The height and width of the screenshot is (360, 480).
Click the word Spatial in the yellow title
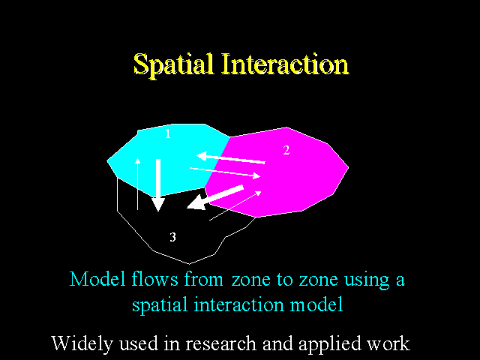173,64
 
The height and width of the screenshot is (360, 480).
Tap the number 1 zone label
168,133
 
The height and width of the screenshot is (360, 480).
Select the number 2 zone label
286,150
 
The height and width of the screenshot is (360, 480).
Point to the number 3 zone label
173,237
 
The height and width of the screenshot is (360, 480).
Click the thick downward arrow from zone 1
158,185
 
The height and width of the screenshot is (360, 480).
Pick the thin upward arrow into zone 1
138,184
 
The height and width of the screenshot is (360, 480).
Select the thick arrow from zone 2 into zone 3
215,197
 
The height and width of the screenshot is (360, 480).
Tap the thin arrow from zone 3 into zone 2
235,205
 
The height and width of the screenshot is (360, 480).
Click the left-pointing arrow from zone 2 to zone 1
230,158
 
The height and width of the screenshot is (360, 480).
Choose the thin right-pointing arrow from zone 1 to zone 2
225,172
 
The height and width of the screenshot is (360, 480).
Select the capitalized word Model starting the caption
97,279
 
